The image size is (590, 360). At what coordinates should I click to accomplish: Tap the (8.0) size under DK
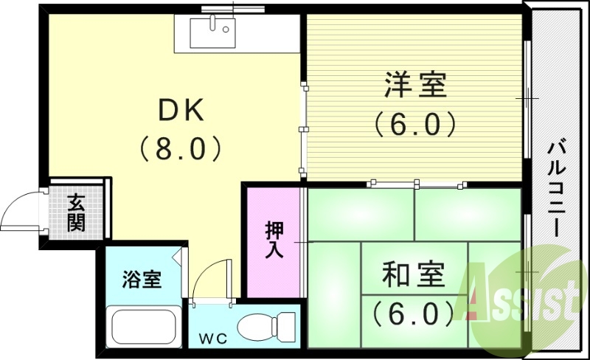181,150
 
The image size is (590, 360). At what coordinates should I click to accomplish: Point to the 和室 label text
414,276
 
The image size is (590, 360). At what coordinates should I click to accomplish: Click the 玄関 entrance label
76,212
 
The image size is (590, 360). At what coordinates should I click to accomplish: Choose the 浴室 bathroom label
141,280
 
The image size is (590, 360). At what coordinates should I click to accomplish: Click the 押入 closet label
274,240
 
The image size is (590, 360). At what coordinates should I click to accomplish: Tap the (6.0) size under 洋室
414,123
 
